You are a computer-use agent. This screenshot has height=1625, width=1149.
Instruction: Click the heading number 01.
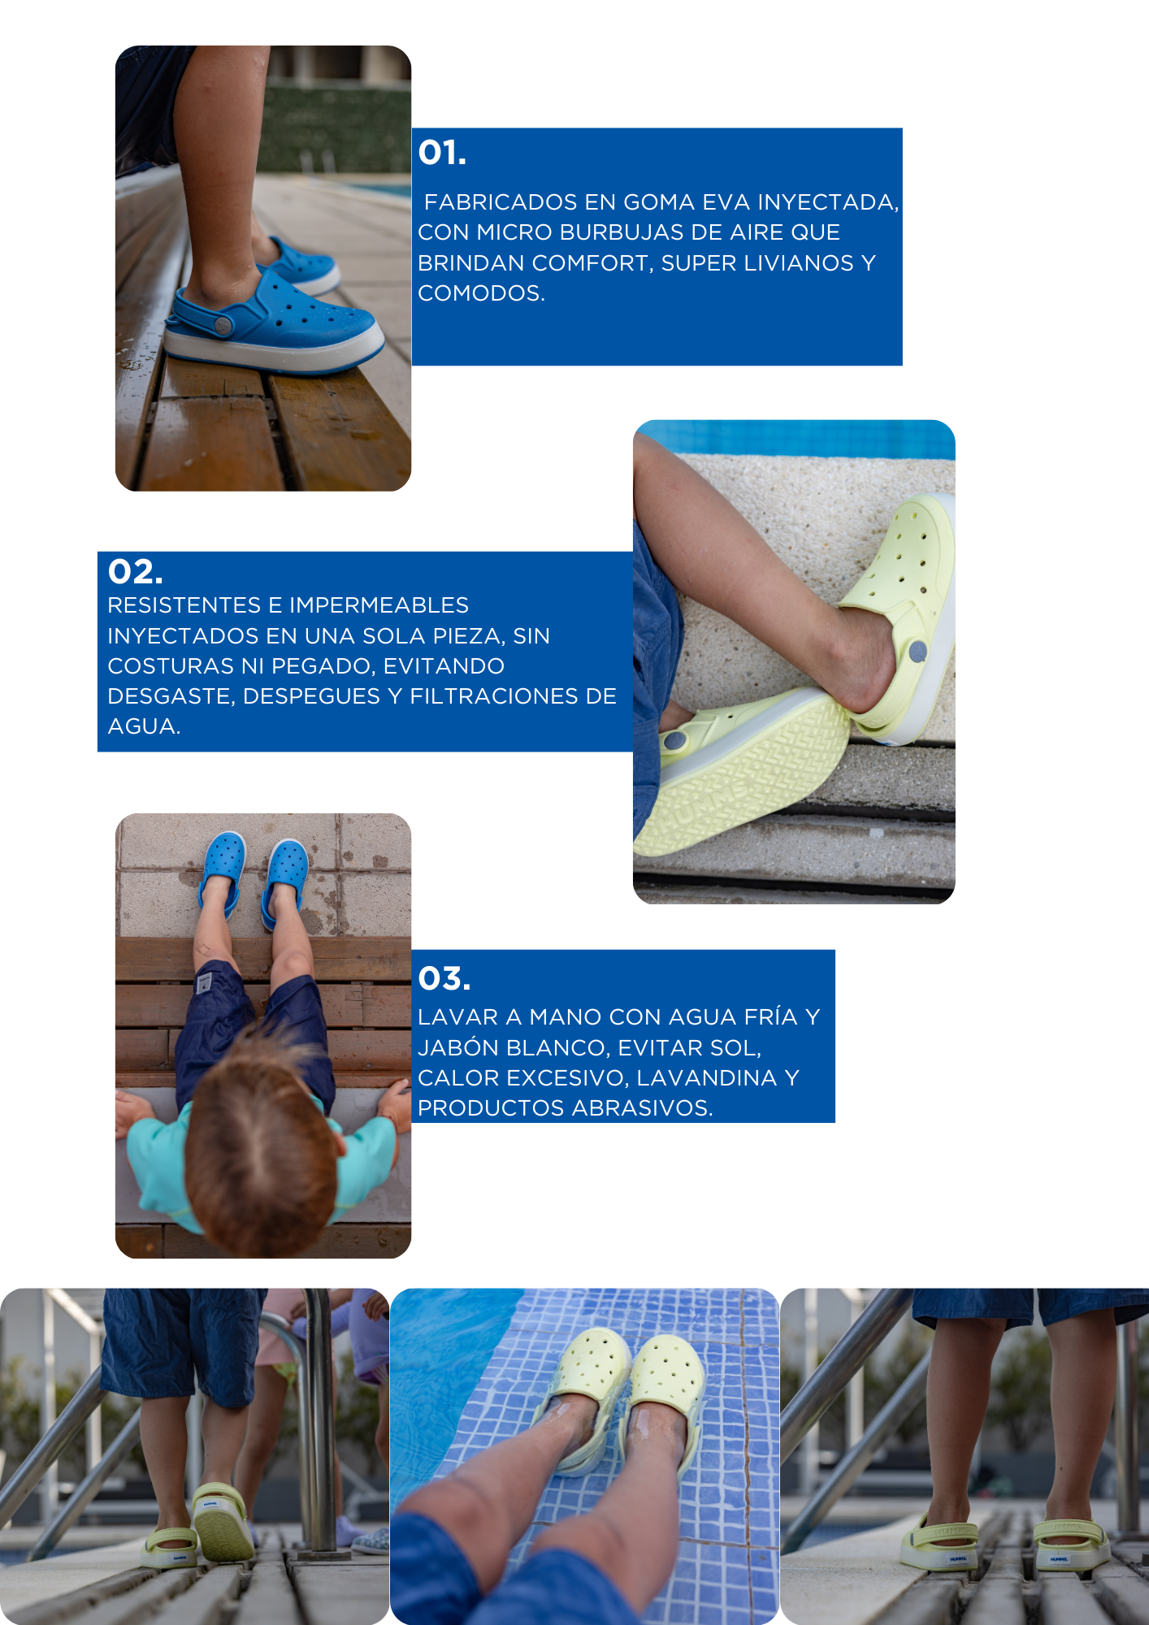point(442,153)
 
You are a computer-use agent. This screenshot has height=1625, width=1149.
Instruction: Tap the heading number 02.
point(135,572)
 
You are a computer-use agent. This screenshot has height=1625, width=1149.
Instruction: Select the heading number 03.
point(444,979)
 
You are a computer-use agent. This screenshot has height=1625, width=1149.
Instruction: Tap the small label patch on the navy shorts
point(204,982)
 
